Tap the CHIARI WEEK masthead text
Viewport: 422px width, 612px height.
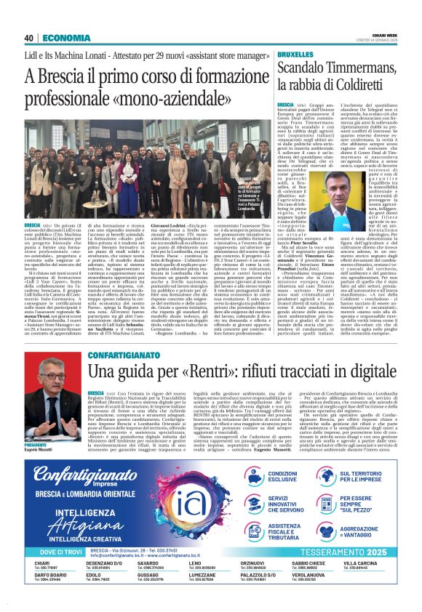[x=385, y=34]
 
